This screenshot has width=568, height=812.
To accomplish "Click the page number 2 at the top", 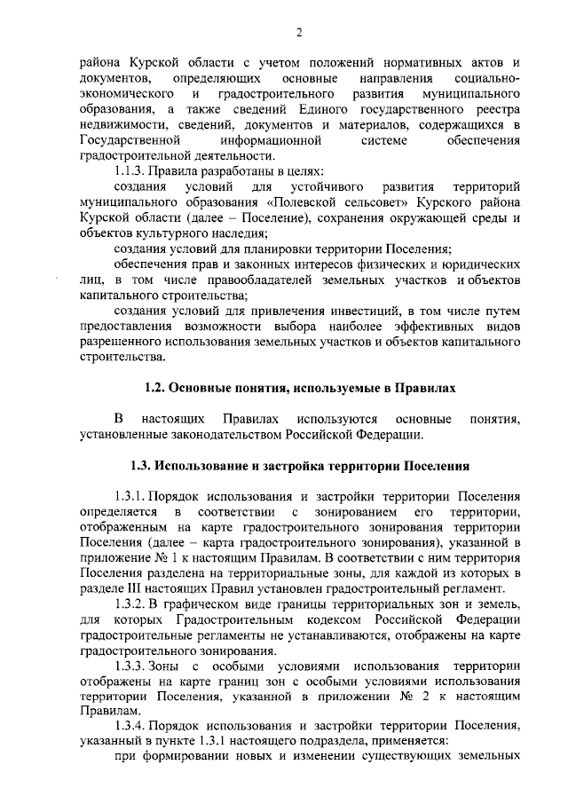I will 299,34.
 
